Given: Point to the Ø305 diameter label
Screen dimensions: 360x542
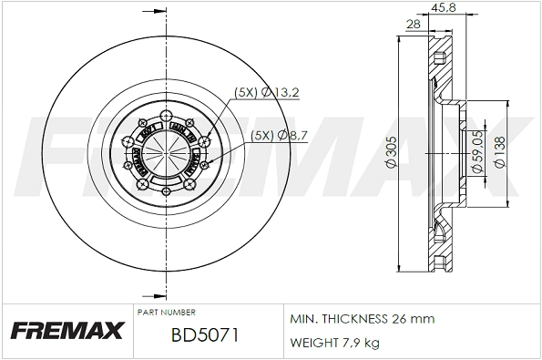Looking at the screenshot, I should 389,152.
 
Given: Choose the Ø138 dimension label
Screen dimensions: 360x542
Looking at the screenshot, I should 499,152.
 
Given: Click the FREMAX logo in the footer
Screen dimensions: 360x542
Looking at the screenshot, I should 66,332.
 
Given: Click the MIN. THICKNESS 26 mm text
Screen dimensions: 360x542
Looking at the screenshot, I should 362,319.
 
